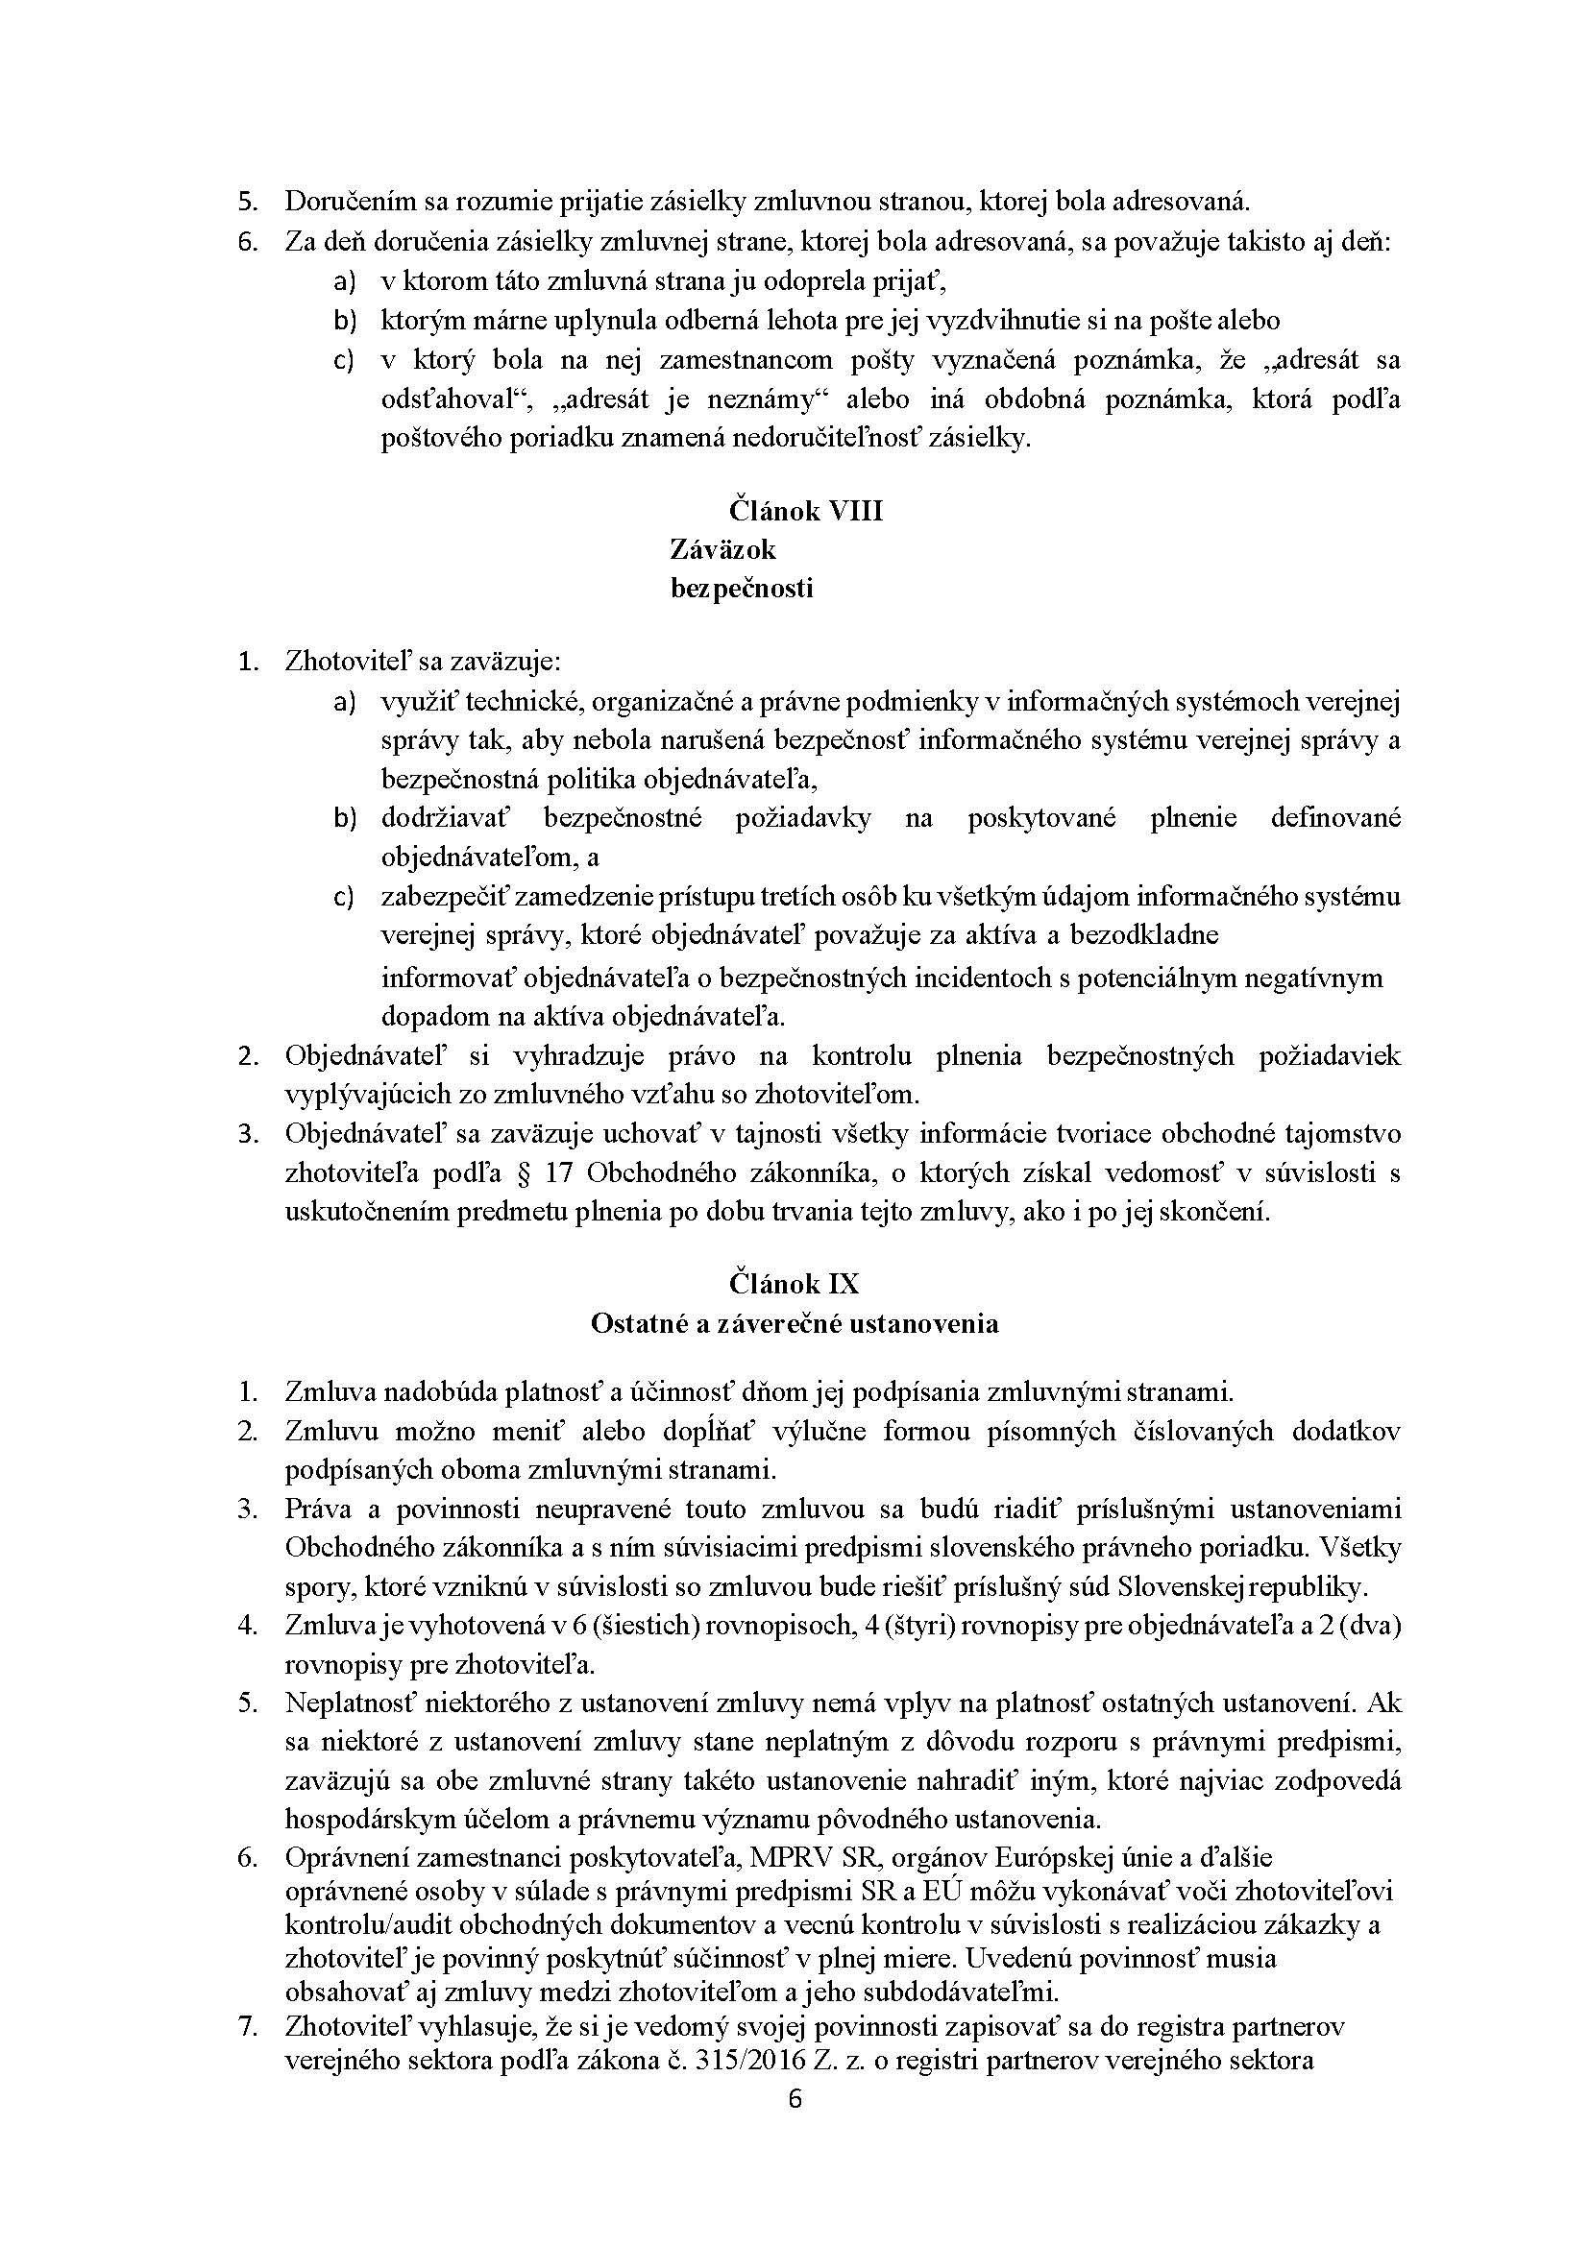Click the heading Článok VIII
coord(805,511)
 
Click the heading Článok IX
coord(793,1283)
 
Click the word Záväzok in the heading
coord(722,549)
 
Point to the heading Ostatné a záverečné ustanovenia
coord(794,1323)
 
